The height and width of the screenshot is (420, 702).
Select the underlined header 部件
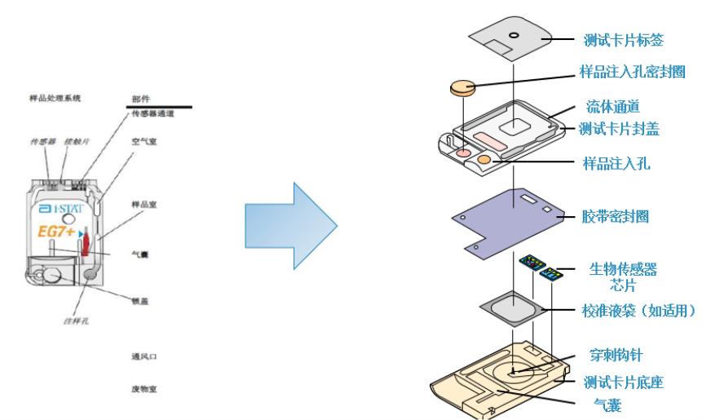140,98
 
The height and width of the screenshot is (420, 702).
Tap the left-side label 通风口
143,356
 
